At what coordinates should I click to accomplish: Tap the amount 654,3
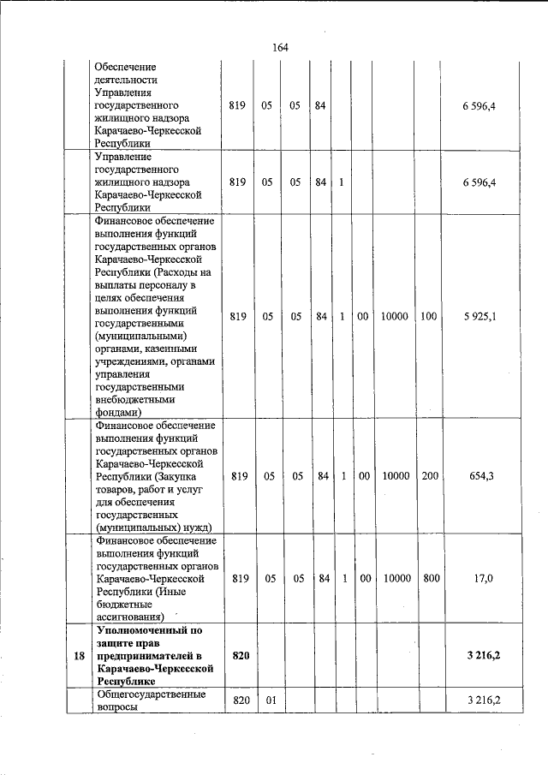pyautogui.click(x=483, y=475)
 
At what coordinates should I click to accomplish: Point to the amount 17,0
pyautogui.click(x=483, y=578)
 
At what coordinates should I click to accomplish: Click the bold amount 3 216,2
pyautogui.click(x=483, y=655)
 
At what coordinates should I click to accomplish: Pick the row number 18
pyautogui.click(x=79, y=655)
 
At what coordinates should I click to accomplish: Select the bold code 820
pyautogui.click(x=240, y=655)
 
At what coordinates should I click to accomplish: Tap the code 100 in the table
pyautogui.click(x=429, y=316)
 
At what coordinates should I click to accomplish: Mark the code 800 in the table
pyautogui.click(x=431, y=578)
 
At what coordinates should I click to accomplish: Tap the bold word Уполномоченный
pyautogui.click(x=138, y=631)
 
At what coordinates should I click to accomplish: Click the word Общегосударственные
pyautogui.click(x=151, y=695)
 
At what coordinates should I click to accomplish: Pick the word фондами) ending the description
pyautogui.click(x=117, y=411)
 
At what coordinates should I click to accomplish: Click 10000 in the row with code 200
pyautogui.click(x=395, y=475)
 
